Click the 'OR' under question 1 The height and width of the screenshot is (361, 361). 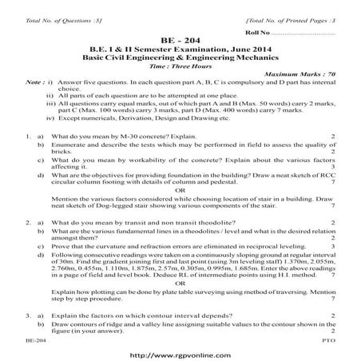tap(180, 190)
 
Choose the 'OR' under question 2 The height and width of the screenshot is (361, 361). tap(180, 282)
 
